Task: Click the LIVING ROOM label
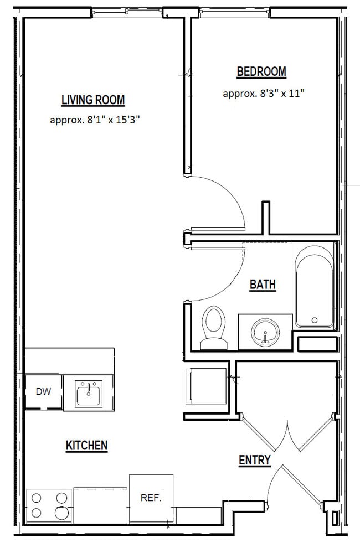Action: point(93,100)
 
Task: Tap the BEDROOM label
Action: point(261,71)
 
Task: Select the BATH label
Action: point(263,285)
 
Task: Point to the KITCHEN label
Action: point(86,445)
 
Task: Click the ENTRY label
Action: point(255,460)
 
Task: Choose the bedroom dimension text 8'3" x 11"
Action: point(264,94)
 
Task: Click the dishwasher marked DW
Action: point(44,392)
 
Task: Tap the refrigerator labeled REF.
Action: point(151,498)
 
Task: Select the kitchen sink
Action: point(89,394)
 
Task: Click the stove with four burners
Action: point(49,504)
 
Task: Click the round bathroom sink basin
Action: point(265,333)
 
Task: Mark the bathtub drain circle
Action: point(315,320)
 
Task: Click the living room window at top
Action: point(127,11)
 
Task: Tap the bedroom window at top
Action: point(234,11)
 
